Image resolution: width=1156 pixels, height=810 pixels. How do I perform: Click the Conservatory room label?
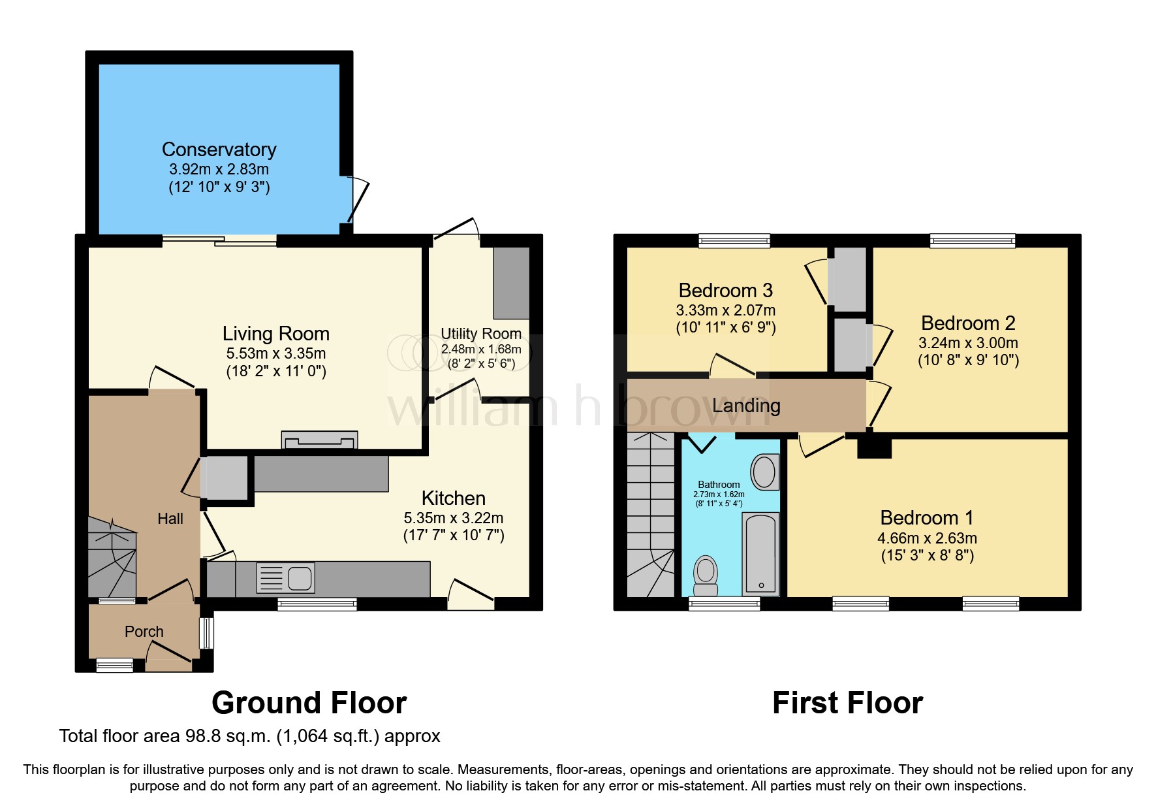(219, 150)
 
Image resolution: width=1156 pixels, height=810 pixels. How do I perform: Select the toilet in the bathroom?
(706, 573)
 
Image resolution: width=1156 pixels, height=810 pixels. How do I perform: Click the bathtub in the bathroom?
(761, 554)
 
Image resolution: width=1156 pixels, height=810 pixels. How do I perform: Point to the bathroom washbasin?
(764, 472)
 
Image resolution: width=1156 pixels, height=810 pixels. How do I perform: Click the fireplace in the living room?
(319, 440)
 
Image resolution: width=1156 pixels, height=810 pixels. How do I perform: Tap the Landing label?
(746, 406)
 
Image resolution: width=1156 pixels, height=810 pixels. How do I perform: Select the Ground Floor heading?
(309, 704)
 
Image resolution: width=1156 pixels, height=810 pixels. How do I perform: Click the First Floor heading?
(847, 704)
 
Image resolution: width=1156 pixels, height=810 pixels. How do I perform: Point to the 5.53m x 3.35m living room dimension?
(276, 353)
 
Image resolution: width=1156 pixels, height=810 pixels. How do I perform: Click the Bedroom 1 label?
(927, 518)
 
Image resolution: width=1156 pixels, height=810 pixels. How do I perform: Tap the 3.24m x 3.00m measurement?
(968, 343)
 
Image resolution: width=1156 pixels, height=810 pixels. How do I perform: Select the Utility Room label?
(481, 334)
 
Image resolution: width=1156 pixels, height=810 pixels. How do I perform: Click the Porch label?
(144, 632)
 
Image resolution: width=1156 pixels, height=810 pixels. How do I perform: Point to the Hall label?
(170, 519)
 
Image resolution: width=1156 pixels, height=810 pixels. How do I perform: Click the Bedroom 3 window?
(734, 241)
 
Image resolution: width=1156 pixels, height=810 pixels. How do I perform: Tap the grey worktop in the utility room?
(511, 282)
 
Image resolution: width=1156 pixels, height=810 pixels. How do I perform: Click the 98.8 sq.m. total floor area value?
(228, 736)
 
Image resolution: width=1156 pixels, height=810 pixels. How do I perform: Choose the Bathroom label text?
(719, 485)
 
